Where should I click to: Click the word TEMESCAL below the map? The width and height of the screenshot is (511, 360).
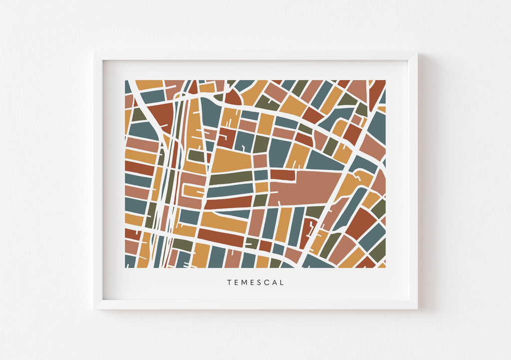255,283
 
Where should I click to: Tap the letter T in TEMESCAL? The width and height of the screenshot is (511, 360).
229,283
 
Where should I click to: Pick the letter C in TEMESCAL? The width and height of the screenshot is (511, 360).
267,283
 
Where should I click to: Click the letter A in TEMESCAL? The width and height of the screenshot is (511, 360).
275,283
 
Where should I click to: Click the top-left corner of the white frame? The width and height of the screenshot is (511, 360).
95,52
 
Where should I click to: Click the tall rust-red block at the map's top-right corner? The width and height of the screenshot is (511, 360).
376,92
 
